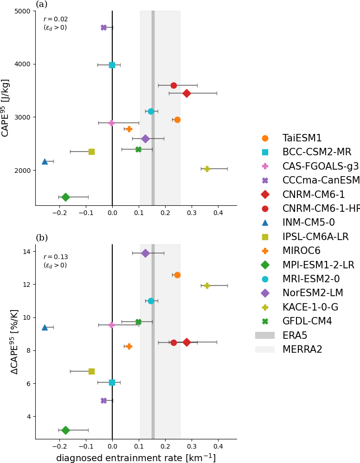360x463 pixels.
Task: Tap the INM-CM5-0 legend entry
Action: (x=309, y=222)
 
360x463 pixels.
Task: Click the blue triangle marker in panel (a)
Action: (x=45, y=161)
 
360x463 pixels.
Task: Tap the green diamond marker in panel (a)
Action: (x=65, y=197)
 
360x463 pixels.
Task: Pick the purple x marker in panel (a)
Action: (x=103, y=28)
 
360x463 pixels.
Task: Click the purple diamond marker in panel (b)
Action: (x=145, y=253)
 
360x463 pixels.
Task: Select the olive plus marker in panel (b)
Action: (x=207, y=285)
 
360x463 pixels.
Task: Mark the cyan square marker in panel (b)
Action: (x=112, y=382)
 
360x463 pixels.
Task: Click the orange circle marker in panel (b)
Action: (x=177, y=275)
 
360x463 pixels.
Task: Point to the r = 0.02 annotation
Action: (x=55, y=19)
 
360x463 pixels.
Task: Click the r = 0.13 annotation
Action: (x=55, y=257)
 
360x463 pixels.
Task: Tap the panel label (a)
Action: (x=42, y=4)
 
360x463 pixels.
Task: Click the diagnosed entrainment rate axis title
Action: (x=136, y=458)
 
